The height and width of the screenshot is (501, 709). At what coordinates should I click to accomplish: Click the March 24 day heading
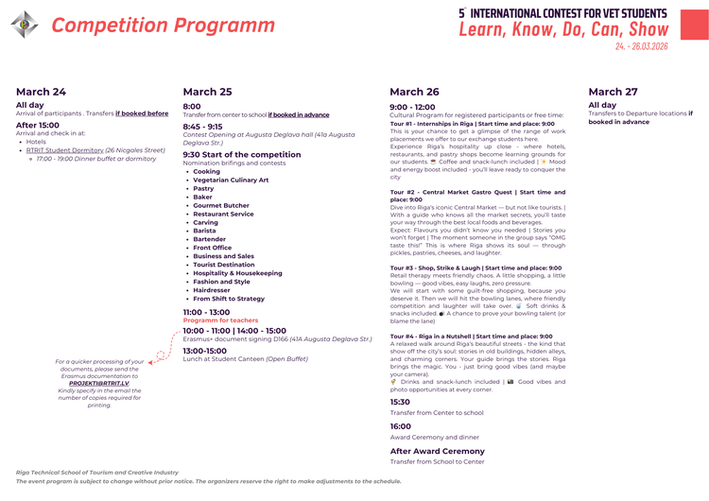[41, 92]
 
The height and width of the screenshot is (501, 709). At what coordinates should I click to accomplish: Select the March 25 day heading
[207, 92]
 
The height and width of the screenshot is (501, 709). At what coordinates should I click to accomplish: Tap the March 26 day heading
[414, 92]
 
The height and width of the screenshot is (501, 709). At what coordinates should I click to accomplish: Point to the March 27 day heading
[613, 92]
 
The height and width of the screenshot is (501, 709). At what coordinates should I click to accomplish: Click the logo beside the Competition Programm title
[25, 25]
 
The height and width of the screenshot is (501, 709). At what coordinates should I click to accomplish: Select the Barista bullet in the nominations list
[204, 231]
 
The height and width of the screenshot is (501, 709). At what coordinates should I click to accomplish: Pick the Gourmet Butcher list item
[221, 205]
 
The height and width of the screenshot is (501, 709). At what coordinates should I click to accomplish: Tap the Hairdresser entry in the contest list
[212, 290]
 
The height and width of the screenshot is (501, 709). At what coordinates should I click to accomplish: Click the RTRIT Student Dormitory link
[64, 149]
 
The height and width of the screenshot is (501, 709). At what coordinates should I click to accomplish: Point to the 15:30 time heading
[401, 402]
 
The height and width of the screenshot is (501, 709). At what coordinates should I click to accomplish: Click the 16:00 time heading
[401, 426]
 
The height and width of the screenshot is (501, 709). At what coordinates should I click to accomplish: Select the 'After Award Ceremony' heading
[437, 451]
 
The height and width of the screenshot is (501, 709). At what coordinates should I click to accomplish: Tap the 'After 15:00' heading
[37, 125]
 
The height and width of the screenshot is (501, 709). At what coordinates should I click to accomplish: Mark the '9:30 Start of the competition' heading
[241, 154]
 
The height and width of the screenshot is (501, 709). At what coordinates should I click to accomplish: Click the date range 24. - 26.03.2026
[641, 45]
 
